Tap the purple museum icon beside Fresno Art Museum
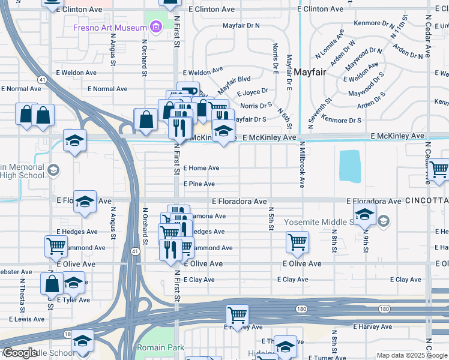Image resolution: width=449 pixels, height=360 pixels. [x=157, y=27]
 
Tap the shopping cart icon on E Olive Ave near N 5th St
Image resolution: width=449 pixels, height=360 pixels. [x=297, y=241]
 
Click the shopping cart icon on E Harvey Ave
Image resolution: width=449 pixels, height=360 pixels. [x=238, y=314]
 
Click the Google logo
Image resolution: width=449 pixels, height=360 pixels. [x=20, y=352]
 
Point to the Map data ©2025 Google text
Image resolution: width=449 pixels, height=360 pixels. [x=412, y=355]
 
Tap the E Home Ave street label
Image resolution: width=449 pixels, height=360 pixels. [x=201, y=169]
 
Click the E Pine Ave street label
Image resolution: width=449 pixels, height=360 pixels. [x=199, y=184]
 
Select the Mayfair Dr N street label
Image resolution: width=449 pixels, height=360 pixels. [x=241, y=26]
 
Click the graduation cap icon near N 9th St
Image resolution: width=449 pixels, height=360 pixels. [x=364, y=213]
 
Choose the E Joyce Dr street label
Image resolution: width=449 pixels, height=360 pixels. [x=252, y=93]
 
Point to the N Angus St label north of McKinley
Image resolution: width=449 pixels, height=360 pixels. [x=113, y=49]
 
